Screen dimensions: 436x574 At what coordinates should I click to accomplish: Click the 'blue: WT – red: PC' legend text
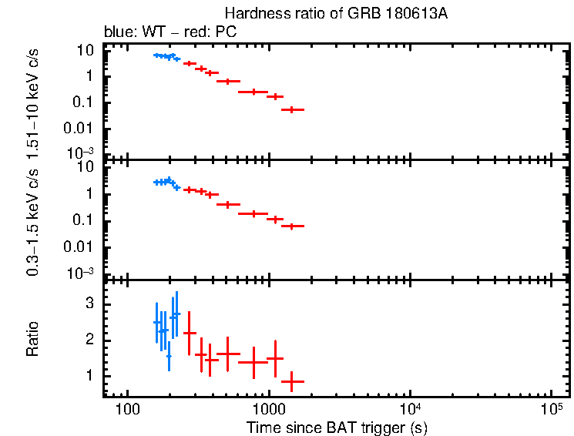170,32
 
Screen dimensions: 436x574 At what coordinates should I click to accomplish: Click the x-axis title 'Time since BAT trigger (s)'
337,427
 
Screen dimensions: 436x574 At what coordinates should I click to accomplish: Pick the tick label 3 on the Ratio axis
89,305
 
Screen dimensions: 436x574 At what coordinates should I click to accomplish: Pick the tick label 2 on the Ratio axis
89,340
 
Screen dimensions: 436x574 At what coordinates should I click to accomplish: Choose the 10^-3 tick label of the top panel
80,152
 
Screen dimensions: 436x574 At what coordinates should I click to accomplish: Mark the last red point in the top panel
292,110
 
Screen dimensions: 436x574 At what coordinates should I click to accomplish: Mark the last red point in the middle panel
292,226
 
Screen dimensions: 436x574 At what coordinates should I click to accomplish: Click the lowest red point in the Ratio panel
292,381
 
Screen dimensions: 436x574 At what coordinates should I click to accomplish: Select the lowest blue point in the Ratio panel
169,357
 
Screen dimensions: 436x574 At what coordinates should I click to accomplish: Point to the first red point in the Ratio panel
190,333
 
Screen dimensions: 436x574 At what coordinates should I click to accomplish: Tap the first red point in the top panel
190,63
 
